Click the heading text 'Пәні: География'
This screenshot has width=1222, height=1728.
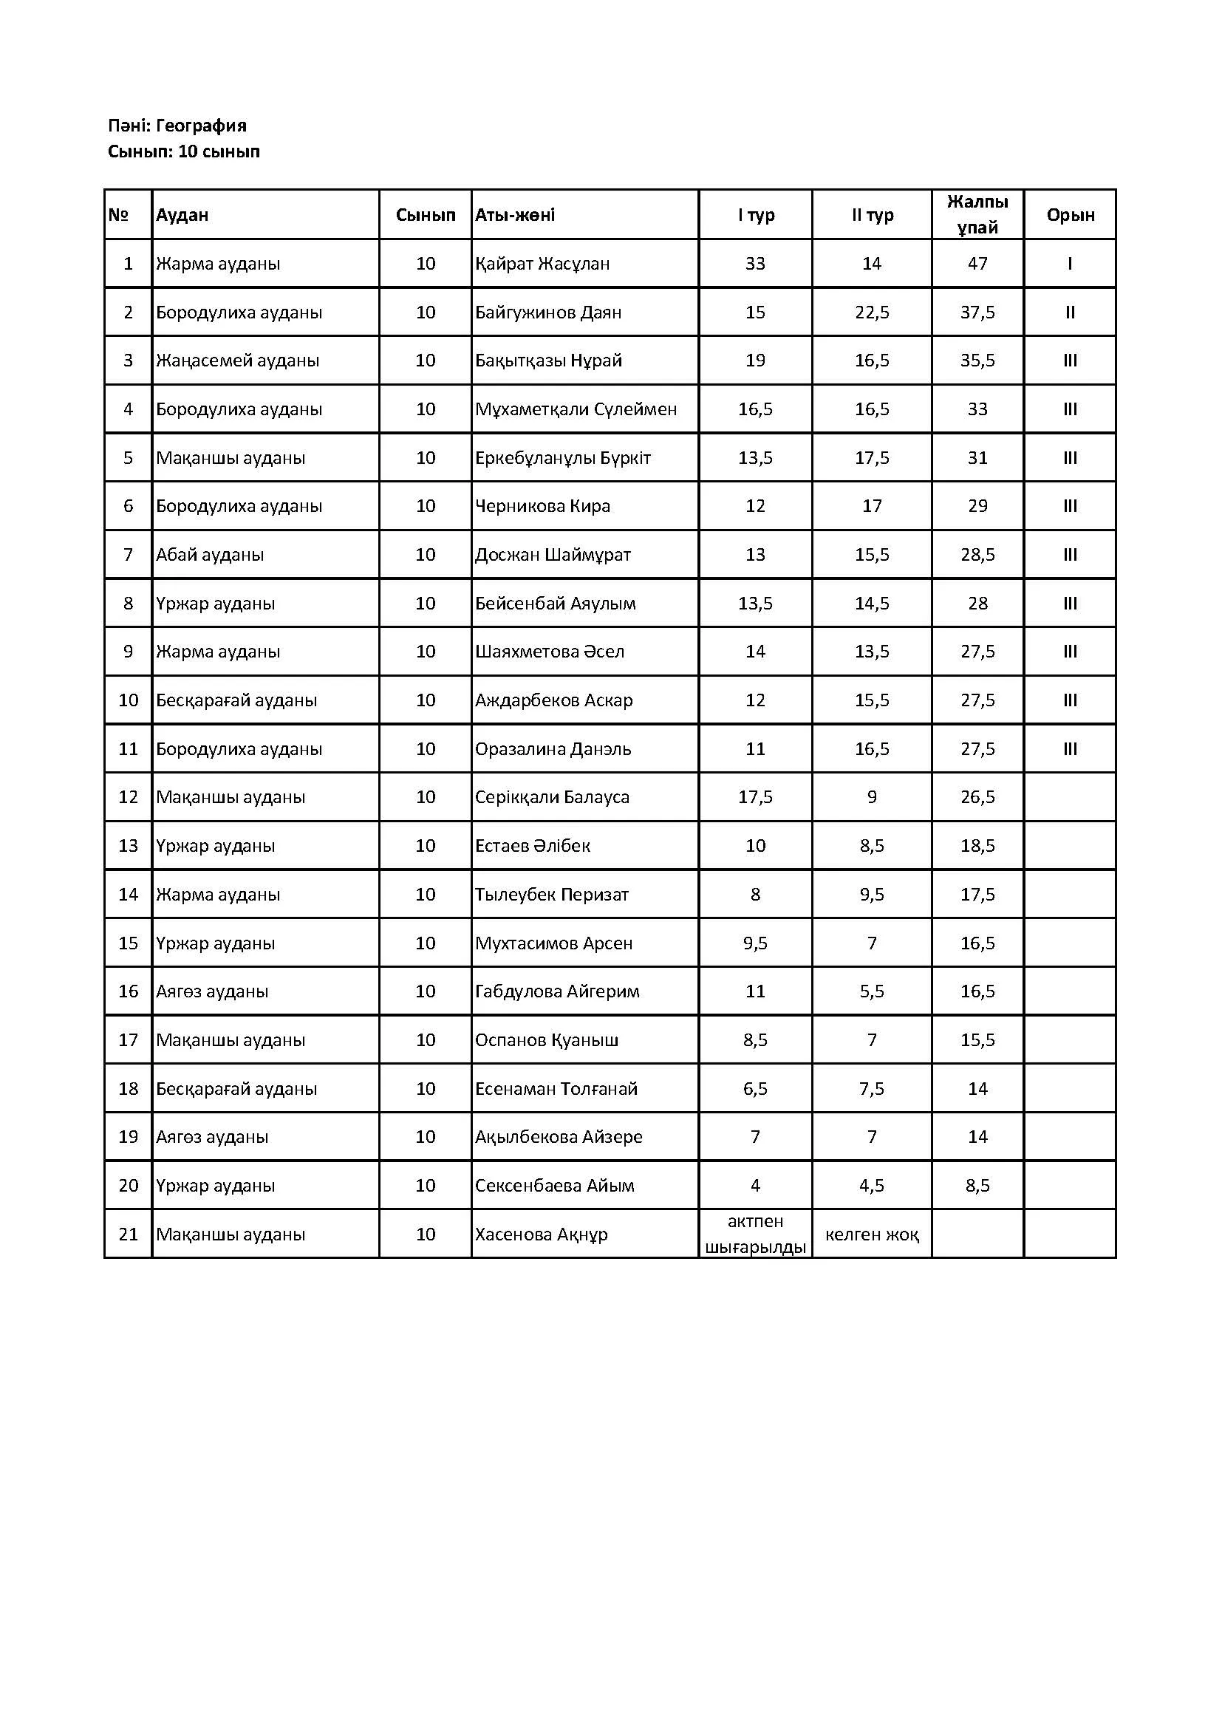(177, 126)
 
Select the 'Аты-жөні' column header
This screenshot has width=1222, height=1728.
(515, 215)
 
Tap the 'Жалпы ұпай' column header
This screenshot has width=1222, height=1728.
(977, 214)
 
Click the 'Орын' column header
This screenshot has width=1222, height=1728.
(1070, 215)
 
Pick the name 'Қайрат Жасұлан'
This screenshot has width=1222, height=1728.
(542, 264)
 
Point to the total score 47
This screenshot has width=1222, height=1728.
(977, 264)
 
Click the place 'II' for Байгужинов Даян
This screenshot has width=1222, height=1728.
(1070, 313)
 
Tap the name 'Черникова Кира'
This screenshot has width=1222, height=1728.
(542, 507)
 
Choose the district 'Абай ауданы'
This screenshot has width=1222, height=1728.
(209, 555)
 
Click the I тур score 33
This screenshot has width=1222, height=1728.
(755, 264)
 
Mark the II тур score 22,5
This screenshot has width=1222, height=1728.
(871, 313)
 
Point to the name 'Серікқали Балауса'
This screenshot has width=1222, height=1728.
(552, 797)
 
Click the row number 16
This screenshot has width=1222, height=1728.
(128, 991)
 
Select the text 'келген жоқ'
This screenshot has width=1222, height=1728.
(871, 1234)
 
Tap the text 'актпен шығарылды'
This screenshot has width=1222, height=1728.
(755, 1234)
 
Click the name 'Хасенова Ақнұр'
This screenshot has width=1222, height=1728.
(541, 1234)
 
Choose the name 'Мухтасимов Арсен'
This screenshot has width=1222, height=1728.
(553, 943)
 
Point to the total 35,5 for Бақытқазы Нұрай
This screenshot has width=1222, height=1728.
(977, 361)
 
